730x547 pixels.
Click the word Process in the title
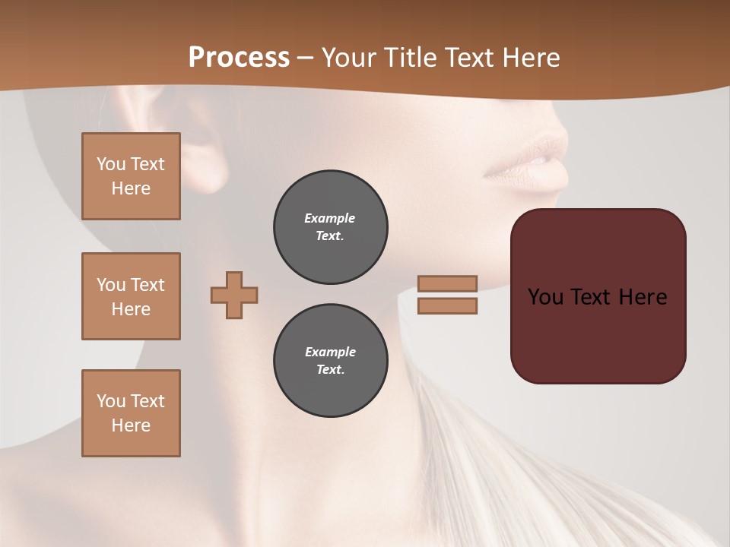point(239,57)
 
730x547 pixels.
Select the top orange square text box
point(131,176)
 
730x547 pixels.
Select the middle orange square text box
point(131,296)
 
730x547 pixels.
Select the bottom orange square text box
point(131,413)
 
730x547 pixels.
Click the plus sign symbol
point(234,295)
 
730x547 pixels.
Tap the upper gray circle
point(330,227)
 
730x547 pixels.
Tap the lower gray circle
point(330,361)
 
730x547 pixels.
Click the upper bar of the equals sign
point(447,283)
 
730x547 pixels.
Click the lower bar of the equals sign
point(447,306)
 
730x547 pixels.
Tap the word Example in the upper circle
point(330,218)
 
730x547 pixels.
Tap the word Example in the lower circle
point(330,352)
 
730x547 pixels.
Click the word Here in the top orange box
point(131,188)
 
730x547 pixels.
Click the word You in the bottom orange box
point(110,401)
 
